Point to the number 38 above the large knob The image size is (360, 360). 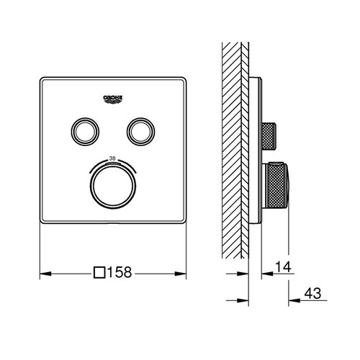point(111,157)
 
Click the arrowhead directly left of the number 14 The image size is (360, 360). point(262,274)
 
